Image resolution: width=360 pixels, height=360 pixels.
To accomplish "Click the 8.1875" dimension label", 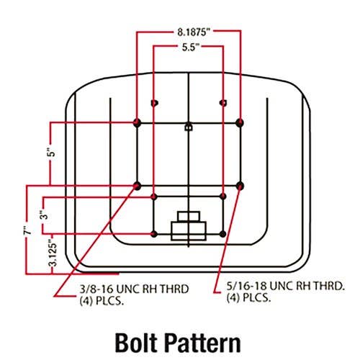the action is pos(194,32).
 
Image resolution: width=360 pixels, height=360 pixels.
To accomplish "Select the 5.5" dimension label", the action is pos(191,48).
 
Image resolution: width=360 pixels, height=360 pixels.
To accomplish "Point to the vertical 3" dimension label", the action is pos(45,215).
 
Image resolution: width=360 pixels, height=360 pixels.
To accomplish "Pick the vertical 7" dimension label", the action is pos(27,230).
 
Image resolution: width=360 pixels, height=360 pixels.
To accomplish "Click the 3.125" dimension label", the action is pos(53,253).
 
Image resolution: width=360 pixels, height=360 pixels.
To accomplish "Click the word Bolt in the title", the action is pos(136,343).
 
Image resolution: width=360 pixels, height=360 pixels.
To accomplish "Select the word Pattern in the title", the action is pos(203,343).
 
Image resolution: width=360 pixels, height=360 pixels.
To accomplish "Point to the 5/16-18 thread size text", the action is pos(246,286).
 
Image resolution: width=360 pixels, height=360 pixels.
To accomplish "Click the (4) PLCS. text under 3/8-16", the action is pos(102,301).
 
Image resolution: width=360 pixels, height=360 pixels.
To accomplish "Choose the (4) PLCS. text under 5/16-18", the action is pos(249,298).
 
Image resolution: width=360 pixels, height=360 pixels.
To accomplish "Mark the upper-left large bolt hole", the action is pos(137,122).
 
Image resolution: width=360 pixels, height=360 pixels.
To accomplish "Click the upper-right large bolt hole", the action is pos(240,122).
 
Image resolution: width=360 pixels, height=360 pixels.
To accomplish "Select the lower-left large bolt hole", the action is pos(137,186).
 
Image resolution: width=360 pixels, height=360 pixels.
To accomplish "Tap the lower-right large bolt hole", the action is pos(240,186).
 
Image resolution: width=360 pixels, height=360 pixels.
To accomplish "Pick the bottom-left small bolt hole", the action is pos(154,234).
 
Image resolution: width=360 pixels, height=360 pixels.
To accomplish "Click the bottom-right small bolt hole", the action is pos(222,234).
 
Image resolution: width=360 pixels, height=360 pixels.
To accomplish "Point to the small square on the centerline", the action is pos(189,127).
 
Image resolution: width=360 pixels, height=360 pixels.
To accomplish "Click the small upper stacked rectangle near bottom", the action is pos(189,217).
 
